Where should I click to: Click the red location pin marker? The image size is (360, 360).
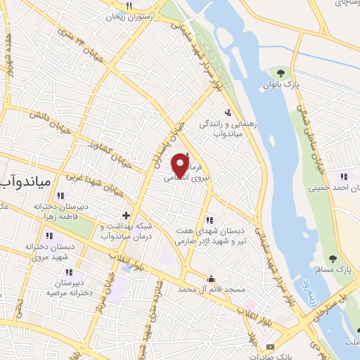coord(181,165)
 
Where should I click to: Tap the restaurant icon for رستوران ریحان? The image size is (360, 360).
coord(129,6)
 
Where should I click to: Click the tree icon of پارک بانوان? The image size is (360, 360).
coord(281,72)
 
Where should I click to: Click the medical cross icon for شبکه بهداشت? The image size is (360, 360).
coord(126,214)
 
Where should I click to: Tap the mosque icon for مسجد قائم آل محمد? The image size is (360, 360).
coord(211,278)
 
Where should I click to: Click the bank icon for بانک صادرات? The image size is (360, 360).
coord(271,347)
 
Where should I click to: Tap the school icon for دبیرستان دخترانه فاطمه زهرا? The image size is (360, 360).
coord(60,196)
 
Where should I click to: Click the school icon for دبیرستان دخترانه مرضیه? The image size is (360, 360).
coord(68,272)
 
